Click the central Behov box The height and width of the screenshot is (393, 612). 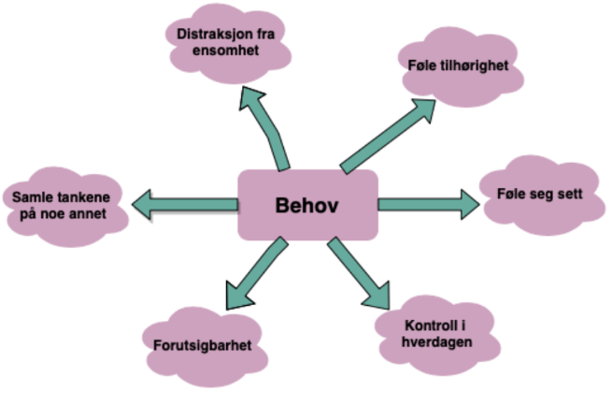click(x=307, y=205)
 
